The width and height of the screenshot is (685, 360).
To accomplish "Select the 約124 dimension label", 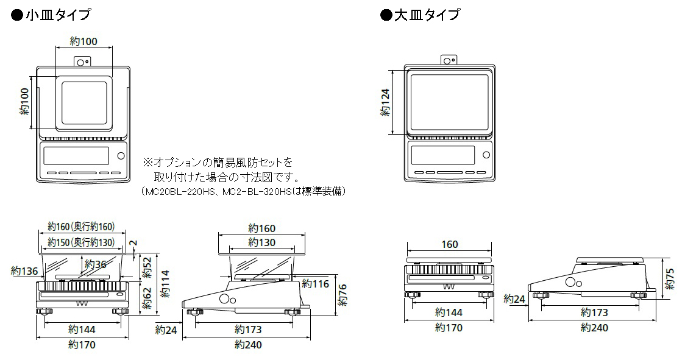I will coord(385,102).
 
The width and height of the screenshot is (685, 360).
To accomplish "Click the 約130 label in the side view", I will coord(262,242).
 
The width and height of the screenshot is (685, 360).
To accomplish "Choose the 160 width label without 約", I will coord(449,244).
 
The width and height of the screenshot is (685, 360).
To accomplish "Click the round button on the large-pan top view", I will coord(486,154).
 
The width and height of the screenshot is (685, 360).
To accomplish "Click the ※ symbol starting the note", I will coord(147,163).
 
